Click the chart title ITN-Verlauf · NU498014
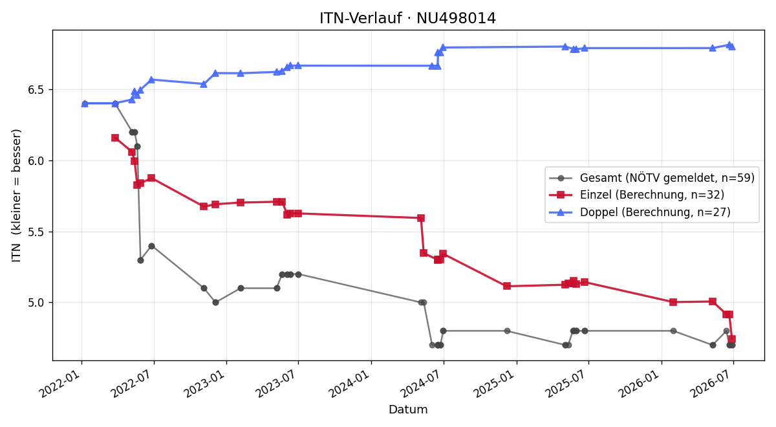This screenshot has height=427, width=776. point(407,18)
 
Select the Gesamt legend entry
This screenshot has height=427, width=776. point(652,178)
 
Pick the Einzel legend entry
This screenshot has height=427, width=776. point(637,195)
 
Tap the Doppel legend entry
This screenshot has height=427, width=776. point(640,212)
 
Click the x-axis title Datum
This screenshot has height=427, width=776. point(408,410)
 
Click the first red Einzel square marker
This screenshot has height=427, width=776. point(115,138)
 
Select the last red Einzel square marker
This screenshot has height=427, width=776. point(732,339)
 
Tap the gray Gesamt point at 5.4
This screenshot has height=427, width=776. point(151,246)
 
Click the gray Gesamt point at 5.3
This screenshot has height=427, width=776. point(140,260)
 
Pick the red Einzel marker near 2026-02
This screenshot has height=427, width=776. point(673,302)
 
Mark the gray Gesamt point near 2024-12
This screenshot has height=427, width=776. point(507,331)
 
